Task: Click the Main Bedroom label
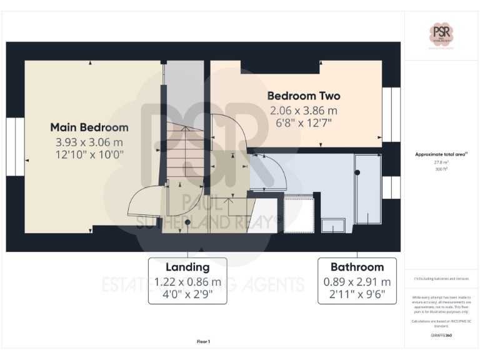[89, 127]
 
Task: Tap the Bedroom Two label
[304, 96]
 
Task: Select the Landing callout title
[187, 267]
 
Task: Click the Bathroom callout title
[357, 267]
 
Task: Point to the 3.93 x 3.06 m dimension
[89, 142]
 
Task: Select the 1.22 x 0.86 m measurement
[187, 282]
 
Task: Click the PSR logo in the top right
[442, 33]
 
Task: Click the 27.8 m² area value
[441, 162]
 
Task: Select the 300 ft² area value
[441, 169]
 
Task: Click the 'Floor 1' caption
[204, 341]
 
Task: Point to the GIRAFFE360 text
[441, 336]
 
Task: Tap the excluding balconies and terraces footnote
[441, 278]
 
